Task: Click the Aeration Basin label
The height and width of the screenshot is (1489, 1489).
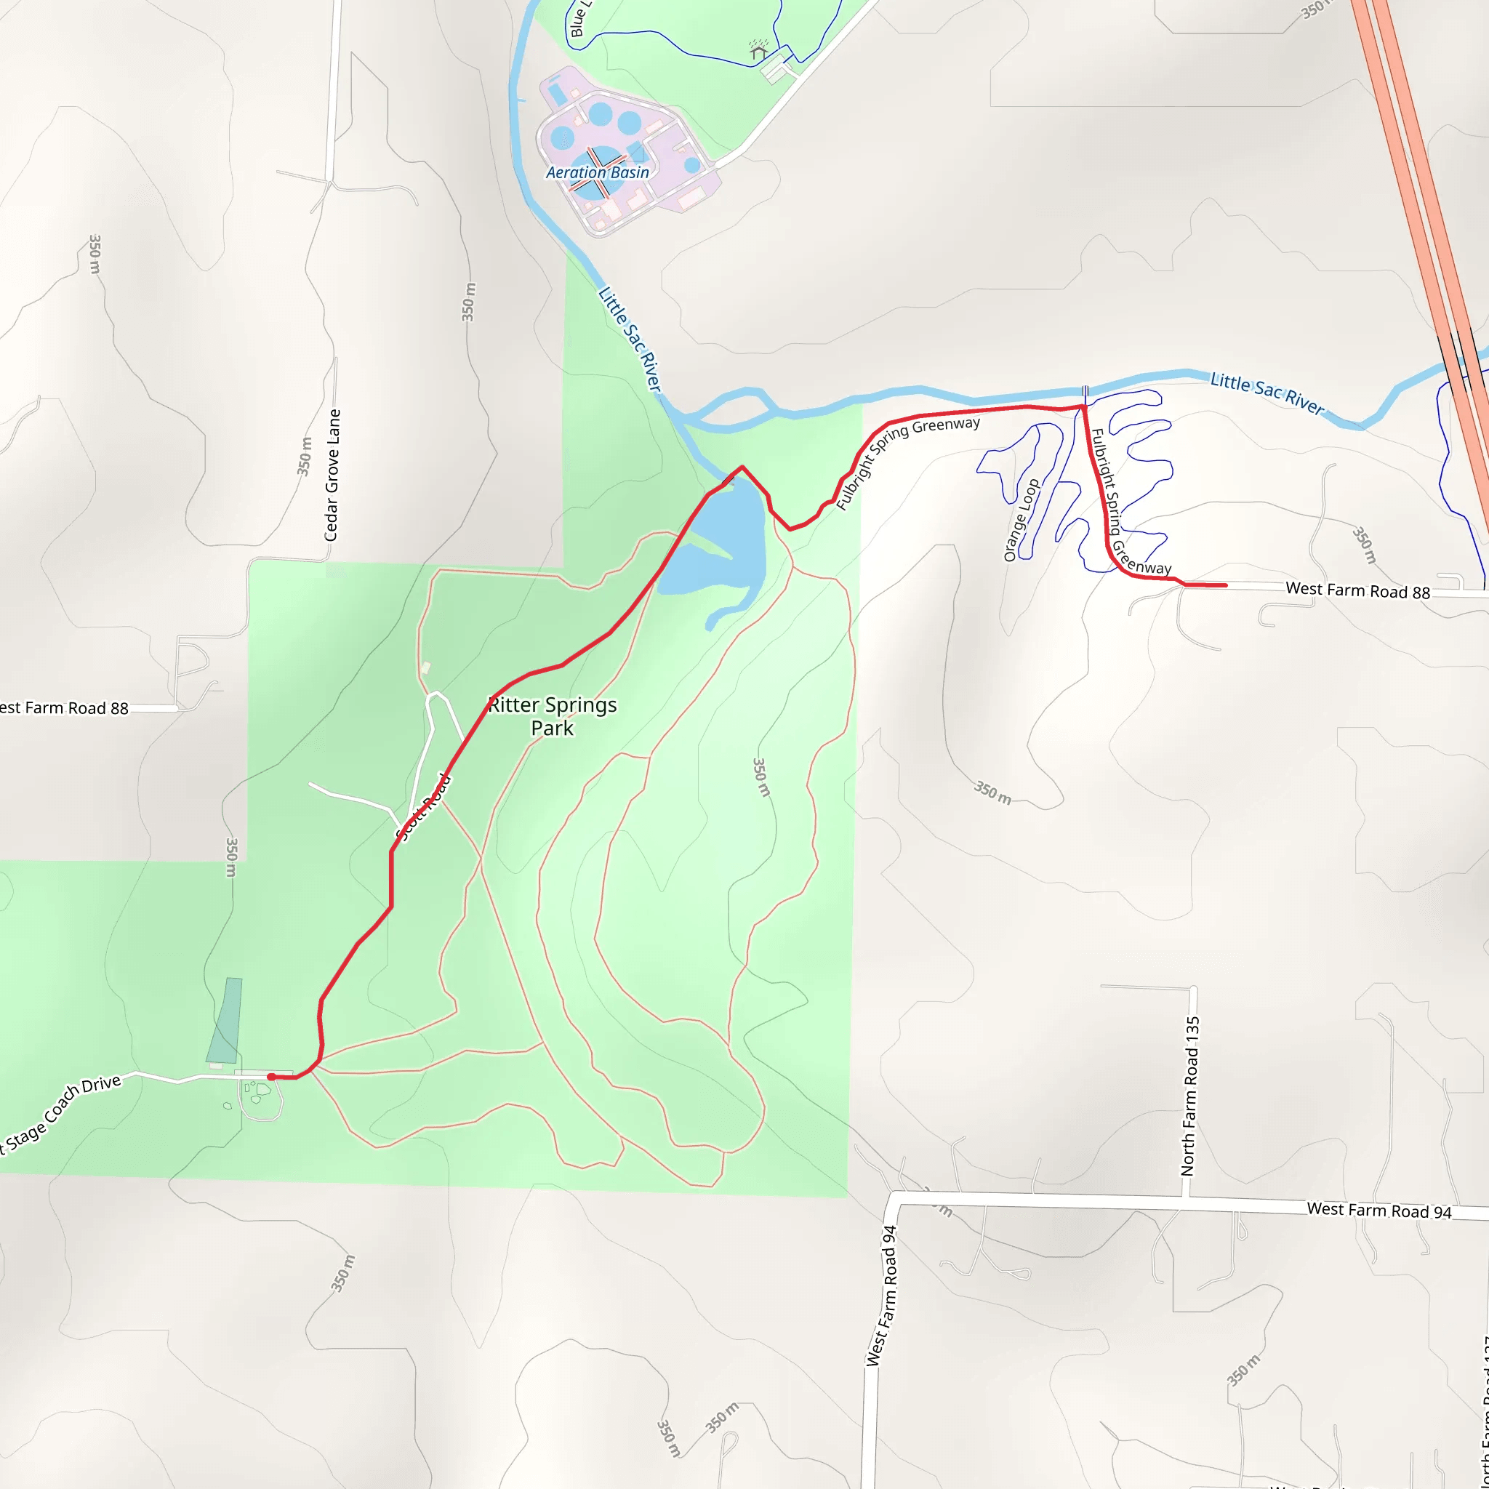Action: (598, 172)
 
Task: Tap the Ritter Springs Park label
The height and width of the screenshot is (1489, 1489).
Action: (553, 716)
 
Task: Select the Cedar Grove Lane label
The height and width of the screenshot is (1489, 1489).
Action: (332, 475)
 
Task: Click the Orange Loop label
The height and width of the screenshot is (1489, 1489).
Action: (1022, 521)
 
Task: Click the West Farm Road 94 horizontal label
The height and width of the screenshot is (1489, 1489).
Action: (1378, 1210)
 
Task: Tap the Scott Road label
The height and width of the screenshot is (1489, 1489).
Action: (424, 807)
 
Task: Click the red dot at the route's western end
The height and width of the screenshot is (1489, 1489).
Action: (271, 1077)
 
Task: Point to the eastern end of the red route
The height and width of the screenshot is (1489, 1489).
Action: (1225, 586)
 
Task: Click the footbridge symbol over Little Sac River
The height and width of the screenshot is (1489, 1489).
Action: (1085, 395)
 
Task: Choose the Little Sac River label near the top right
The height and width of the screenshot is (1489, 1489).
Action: (1267, 393)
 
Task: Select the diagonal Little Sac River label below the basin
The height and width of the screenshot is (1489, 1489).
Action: (630, 339)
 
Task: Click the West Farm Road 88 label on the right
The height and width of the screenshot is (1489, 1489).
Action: (1357, 590)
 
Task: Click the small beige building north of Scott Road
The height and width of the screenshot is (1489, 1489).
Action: (425, 667)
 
